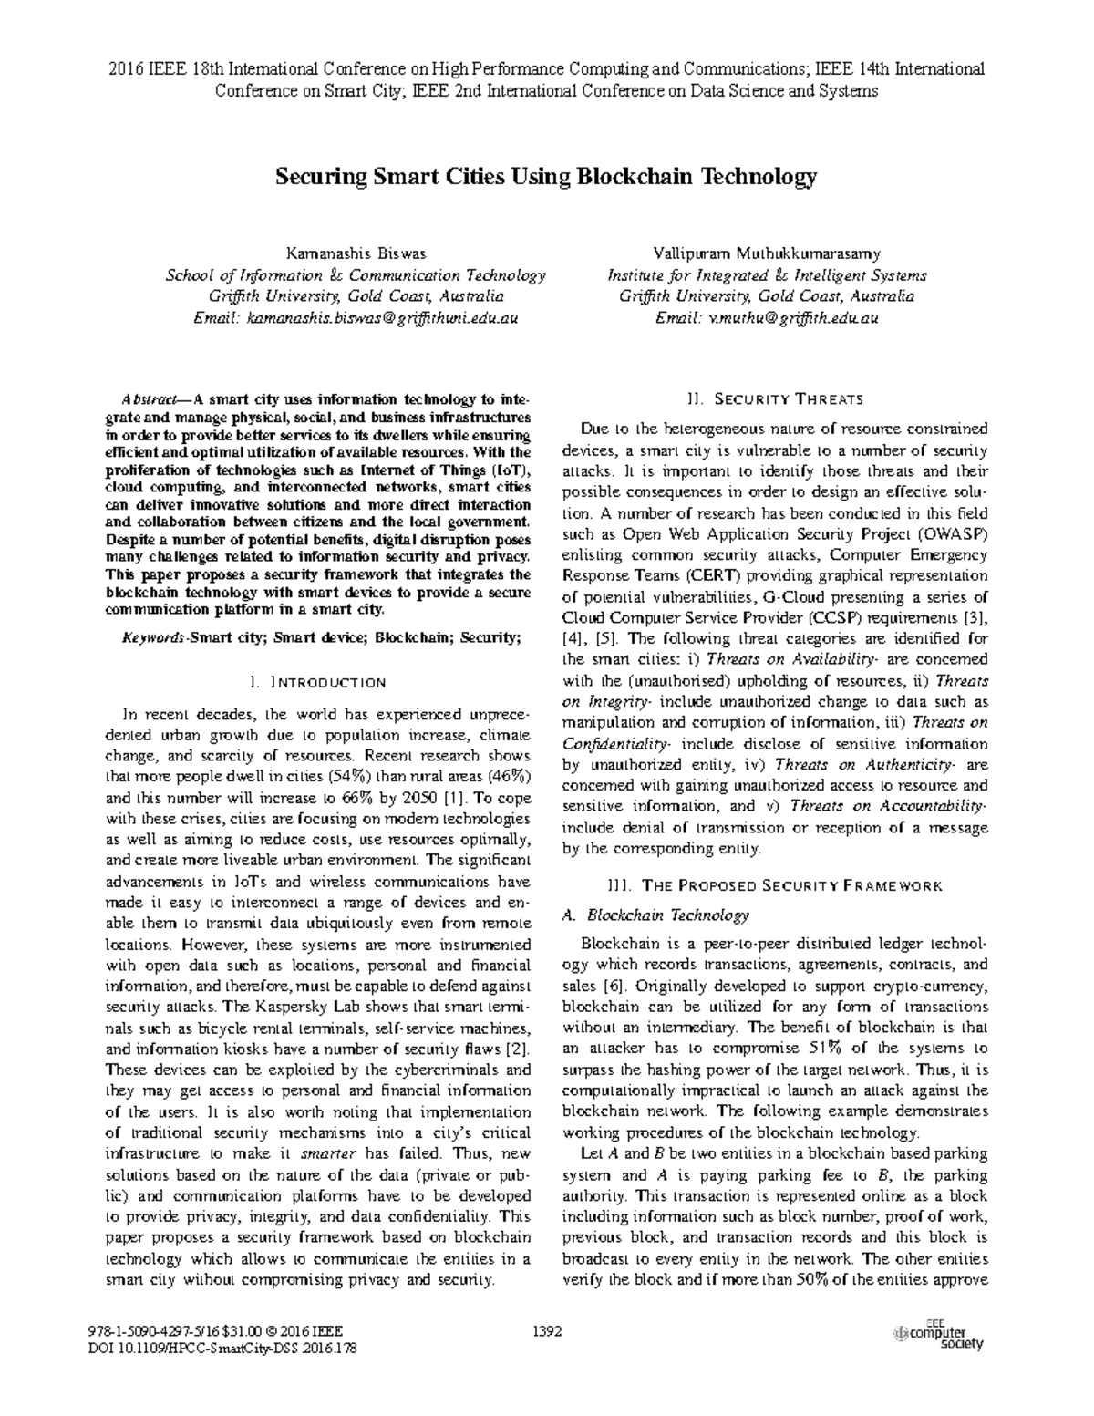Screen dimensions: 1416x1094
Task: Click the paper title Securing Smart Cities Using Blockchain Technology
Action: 546,177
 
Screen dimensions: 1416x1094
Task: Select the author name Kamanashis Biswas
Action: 356,253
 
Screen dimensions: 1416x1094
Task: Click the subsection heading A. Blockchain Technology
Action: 656,915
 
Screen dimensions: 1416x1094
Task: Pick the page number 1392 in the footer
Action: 546,1330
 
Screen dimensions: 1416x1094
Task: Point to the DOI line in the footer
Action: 218,1347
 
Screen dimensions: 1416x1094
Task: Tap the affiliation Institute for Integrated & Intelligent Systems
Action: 767,275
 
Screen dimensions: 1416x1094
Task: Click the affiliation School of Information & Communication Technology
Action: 355,275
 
